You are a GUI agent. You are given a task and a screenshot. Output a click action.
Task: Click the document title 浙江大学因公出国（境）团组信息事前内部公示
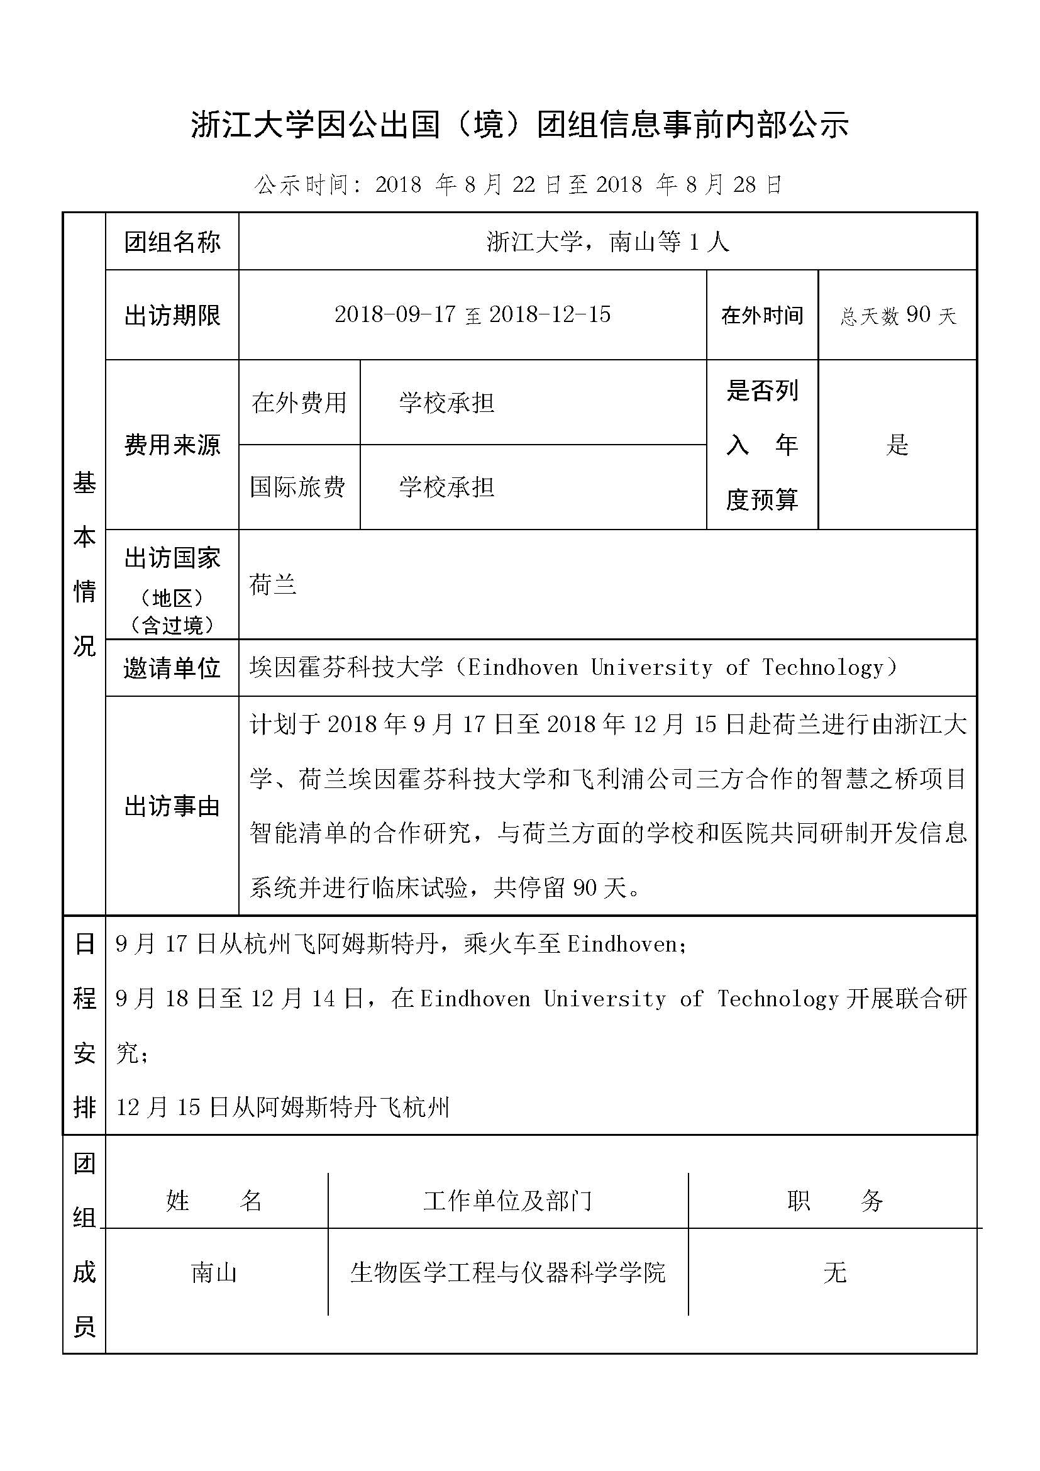click(x=519, y=125)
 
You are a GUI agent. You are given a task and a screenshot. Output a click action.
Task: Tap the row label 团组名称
click(x=172, y=242)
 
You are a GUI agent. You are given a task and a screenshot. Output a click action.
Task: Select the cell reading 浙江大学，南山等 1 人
click(x=607, y=242)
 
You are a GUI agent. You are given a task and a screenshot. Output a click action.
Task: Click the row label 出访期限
click(x=172, y=315)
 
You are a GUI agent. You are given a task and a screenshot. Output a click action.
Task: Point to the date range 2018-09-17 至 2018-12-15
click(x=473, y=315)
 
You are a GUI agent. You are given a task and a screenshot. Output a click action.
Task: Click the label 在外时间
click(x=762, y=315)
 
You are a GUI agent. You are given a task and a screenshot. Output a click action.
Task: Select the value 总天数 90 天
click(x=898, y=315)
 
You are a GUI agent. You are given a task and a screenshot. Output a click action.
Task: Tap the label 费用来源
click(x=172, y=445)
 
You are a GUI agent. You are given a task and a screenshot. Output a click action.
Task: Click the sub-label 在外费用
click(x=299, y=403)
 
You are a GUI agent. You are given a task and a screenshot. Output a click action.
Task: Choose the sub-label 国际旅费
click(x=298, y=487)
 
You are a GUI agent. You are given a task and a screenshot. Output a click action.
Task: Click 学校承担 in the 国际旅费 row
click(x=446, y=487)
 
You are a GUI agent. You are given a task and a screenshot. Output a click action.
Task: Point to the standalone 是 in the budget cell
click(x=897, y=445)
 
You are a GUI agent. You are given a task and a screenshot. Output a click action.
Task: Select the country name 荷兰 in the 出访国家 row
click(x=273, y=584)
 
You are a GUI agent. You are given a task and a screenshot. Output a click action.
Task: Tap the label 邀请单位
click(x=172, y=669)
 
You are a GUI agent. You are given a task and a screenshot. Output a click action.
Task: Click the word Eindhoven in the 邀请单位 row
click(x=523, y=669)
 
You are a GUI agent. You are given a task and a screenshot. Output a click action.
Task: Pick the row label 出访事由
click(x=172, y=807)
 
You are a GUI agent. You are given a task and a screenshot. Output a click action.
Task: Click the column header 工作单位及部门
click(x=508, y=1200)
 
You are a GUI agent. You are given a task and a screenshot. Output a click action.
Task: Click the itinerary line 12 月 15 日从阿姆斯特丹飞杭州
click(x=283, y=1107)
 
